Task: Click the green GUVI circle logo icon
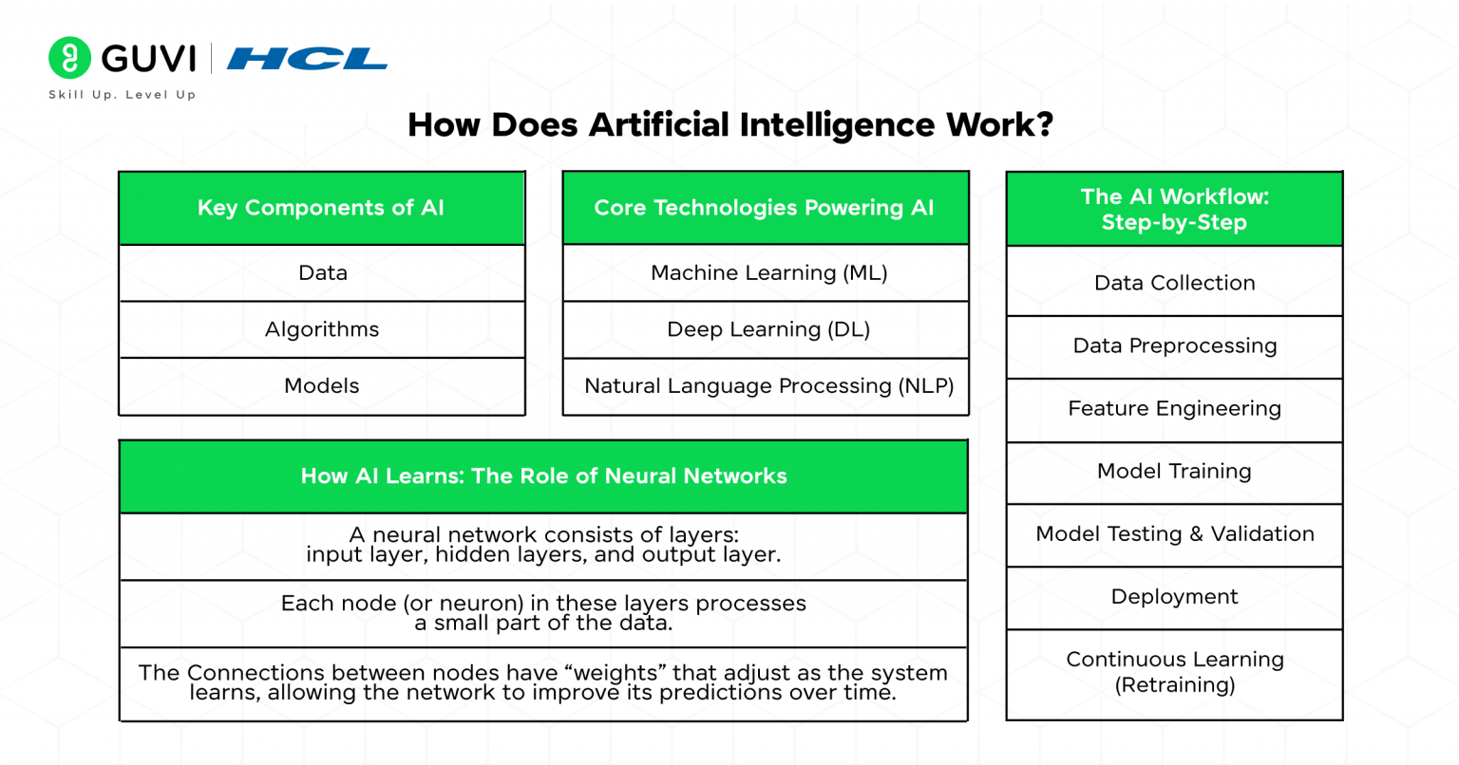pos(69,58)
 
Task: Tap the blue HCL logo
pos(307,59)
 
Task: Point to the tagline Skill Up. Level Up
pos(123,95)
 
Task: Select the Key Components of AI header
pos(321,208)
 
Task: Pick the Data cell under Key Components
pos(322,273)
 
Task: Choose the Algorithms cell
pos(322,329)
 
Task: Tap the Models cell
pos(322,386)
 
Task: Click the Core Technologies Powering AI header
pos(765,208)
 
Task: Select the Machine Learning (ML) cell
pos(768,273)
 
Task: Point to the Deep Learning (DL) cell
pos(768,329)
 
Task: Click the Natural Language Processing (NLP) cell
pos(768,386)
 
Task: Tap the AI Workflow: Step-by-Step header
pos(1174,210)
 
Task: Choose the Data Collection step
pos(1174,283)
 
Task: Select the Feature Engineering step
pos(1174,409)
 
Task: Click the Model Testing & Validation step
pos(1174,534)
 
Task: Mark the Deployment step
pos(1174,597)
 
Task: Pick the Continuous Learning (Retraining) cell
pos(1174,672)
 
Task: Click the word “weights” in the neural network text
pos(616,673)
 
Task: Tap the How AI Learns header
pos(543,476)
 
